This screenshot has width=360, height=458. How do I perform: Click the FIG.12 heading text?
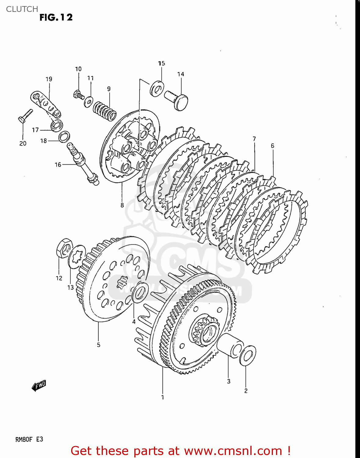56,17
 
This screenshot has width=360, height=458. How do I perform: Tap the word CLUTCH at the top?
22,9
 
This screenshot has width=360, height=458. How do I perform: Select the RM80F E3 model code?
29,439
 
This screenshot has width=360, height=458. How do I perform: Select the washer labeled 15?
157,88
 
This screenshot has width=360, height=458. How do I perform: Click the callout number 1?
162,397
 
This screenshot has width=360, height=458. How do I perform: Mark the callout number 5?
98,345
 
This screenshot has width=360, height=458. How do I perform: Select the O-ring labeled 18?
64,136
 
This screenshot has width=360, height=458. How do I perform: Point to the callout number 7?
254,139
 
